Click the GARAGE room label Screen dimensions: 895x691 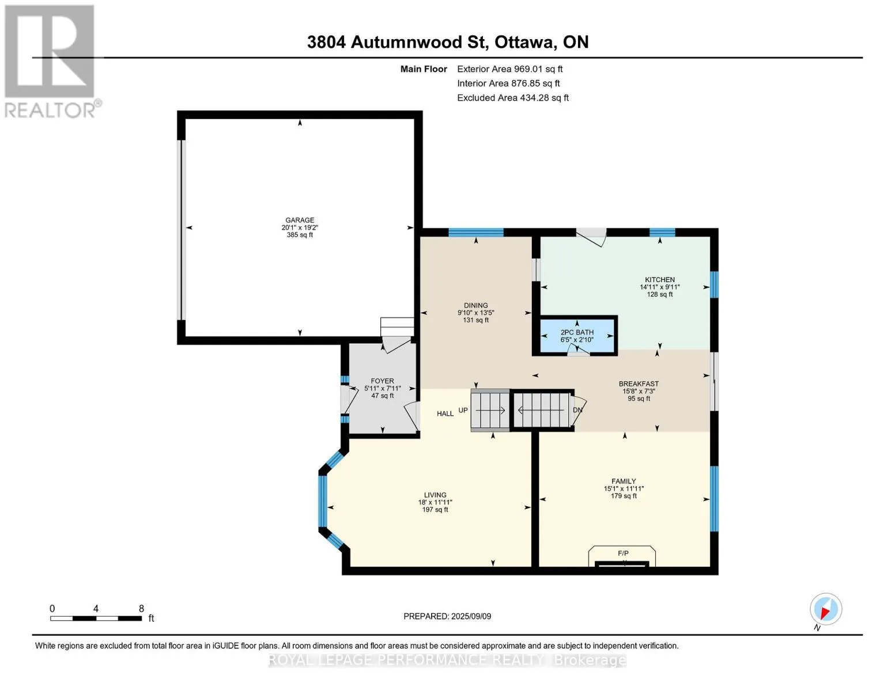click(x=300, y=220)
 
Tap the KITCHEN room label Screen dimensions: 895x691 click(x=659, y=279)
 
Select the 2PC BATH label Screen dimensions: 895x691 click(x=577, y=332)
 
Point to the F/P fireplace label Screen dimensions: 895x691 click(x=623, y=553)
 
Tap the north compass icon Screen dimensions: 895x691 click(x=826, y=609)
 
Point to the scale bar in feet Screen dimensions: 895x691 click(x=96, y=618)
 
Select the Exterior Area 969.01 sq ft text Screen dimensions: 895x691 click(x=509, y=69)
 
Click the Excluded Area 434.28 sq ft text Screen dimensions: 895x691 click(x=513, y=98)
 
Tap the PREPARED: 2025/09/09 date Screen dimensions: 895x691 click(x=447, y=616)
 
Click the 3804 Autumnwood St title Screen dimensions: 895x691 click(x=396, y=42)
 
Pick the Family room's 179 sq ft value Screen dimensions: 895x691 click(x=624, y=496)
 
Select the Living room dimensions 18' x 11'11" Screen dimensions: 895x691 click(x=435, y=502)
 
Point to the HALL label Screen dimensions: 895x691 click(x=445, y=413)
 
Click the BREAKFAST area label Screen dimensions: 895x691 click(x=639, y=384)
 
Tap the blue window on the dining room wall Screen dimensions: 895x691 click(x=475, y=233)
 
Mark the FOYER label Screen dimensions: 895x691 click(x=382, y=381)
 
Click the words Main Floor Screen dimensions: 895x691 click(x=424, y=69)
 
